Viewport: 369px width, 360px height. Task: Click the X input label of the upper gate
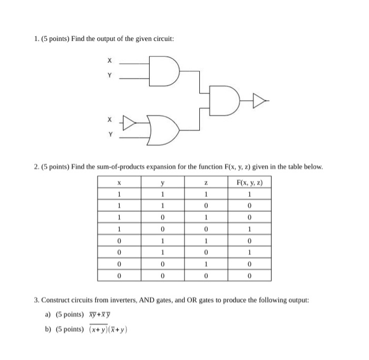pos(110,63)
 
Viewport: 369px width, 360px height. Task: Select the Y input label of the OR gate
pos(110,135)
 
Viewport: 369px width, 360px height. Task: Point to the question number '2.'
pos(35,167)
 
